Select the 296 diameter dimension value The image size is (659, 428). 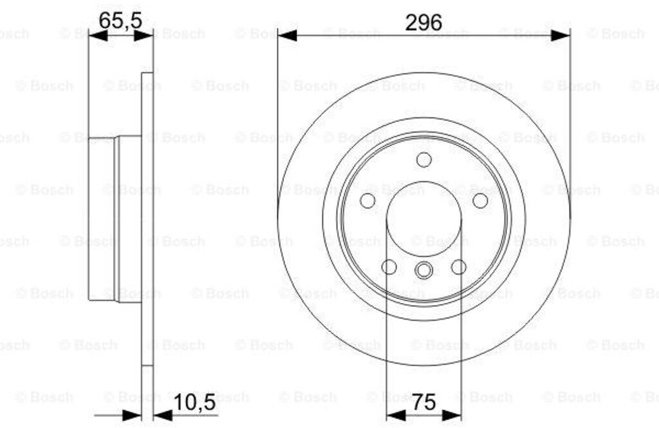click(423, 22)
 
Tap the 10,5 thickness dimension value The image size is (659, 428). click(194, 403)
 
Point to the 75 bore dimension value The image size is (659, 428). click(424, 402)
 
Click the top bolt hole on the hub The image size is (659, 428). click(423, 159)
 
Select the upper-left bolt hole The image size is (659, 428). click(367, 200)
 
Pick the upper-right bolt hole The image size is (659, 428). click(480, 200)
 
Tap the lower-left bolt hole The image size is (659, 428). click(389, 267)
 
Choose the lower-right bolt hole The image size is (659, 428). click(458, 267)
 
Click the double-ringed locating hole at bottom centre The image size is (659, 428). click(423, 270)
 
